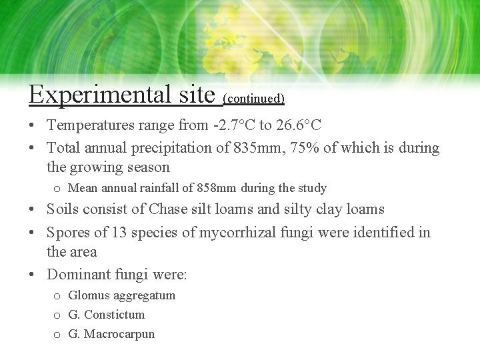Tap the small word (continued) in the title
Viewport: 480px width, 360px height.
[254, 99]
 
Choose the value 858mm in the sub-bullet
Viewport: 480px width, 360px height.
[217, 188]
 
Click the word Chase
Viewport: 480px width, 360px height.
[169, 209]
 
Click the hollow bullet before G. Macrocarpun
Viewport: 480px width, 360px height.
[57, 335]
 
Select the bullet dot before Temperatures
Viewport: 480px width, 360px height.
[32, 125]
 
